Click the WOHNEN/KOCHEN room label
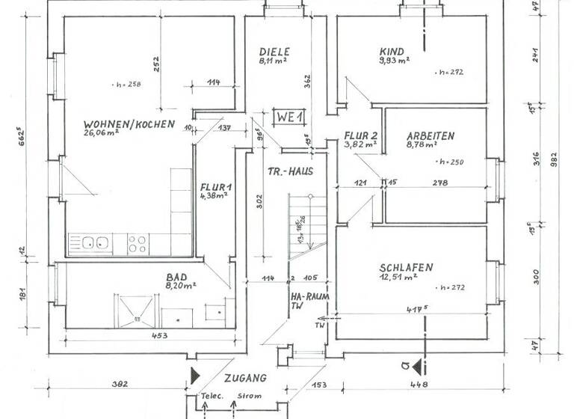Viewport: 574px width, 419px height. (x=129, y=123)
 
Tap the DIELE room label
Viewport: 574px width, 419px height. (x=274, y=52)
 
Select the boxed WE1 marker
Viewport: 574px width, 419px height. (x=288, y=117)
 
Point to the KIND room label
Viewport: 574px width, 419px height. (x=392, y=52)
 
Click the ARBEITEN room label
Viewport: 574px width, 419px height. (x=430, y=135)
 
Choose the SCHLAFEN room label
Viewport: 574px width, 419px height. (x=406, y=267)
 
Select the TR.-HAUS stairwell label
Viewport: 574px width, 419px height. (x=289, y=171)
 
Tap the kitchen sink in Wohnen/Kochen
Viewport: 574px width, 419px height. (x=93, y=242)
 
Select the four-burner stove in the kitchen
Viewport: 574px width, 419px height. (x=137, y=242)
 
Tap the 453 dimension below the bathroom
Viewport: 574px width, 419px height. (x=158, y=336)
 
